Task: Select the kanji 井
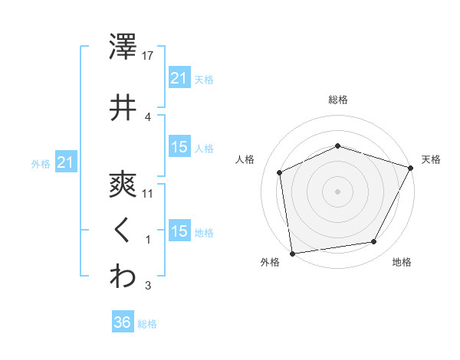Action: click(123, 107)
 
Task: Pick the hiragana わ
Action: click(123, 277)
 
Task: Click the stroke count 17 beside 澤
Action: click(149, 56)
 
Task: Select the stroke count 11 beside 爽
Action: click(148, 193)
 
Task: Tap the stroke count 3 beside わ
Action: click(148, 286)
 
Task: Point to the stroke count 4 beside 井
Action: click(148, 116)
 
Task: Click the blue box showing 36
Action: click(122, 322)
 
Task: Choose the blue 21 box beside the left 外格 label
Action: click(65, 162)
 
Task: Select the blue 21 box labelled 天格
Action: click(179, 77)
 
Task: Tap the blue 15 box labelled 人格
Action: click(179, 147)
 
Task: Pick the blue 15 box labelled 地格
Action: click(179, 231)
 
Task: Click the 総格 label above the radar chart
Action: click(338, 100)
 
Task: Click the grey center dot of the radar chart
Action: click(338, 191)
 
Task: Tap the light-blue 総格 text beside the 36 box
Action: click(147, 324)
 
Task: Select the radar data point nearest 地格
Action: click(374, 241)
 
